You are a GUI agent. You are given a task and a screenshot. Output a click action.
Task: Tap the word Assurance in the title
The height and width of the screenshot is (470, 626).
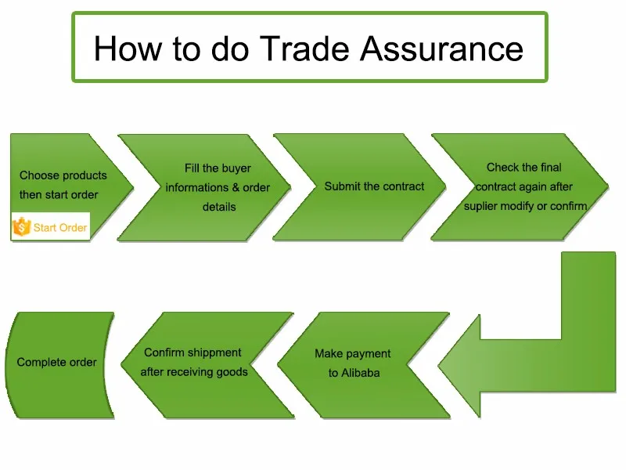click(x=441, y=49)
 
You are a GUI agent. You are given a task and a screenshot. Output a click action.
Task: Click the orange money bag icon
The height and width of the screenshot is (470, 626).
click(x=21, y=228)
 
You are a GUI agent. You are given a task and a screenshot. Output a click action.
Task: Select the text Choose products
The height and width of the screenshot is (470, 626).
click(x=63, y=175)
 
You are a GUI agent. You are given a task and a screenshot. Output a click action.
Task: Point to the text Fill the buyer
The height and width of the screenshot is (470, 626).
click(x=218, y=168)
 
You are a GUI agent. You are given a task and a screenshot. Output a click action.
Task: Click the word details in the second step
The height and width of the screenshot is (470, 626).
click(x=219, y=207)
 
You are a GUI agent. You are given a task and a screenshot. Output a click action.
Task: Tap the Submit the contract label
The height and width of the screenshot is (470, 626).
click(x=374, y=186)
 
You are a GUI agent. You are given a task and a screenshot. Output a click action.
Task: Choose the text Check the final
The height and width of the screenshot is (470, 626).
click(x=523, y=167)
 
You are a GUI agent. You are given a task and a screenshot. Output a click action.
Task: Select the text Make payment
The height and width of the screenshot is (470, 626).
click(x=352, y=353)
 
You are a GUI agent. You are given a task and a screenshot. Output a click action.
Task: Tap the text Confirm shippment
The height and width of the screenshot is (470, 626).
click(x=192, y=352)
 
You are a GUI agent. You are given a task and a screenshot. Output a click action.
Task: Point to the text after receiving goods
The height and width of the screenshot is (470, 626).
click(x=194, y=371)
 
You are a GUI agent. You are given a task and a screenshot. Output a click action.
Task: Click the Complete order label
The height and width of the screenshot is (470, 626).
click(x=56, y=363)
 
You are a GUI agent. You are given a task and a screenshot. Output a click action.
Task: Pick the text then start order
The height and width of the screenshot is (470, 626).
click(x=59, y=194)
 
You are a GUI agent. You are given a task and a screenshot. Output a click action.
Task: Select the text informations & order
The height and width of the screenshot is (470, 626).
click(x=218, y=187)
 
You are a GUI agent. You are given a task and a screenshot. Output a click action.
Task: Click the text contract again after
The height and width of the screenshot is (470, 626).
click(x=524, y=186)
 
